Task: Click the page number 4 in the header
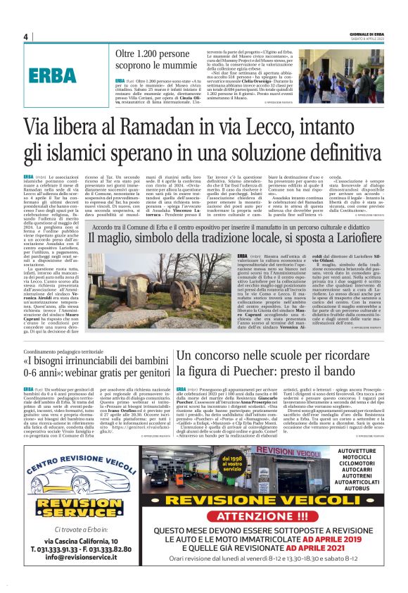tap(25, 37)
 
